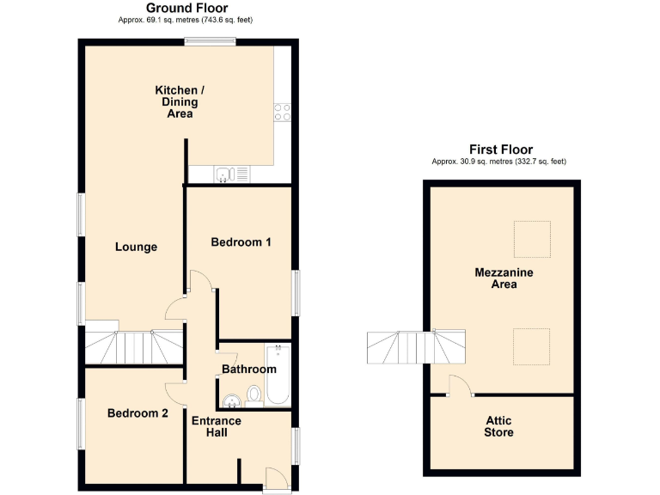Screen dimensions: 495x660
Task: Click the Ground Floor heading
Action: coord(186,9)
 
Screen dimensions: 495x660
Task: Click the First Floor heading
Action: coord(499,150)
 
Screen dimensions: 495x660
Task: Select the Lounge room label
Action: coord(136,247)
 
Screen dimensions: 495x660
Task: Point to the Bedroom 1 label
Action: coord(241,242)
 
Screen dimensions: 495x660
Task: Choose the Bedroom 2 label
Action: coord(137,413)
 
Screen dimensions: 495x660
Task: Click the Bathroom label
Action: coord(249,370)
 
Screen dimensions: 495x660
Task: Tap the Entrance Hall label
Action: coord(216,427)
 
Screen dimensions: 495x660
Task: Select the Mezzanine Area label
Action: coord(504,278)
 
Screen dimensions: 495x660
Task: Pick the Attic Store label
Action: coord(498,426)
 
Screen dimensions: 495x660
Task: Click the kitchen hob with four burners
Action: coord(283,113)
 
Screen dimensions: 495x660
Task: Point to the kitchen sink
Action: coord(226,174)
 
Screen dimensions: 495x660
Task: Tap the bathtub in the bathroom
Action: coord(278,376)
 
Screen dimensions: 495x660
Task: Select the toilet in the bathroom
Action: coord(254,394)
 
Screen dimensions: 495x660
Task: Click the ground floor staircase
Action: coord(133,348)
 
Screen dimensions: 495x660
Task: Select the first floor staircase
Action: coord(416,348)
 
